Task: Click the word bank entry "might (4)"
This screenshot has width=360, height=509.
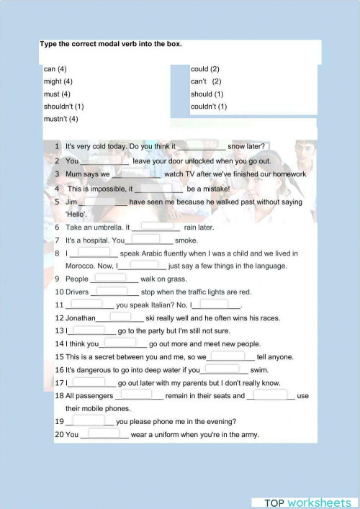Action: click(x=58, y=81)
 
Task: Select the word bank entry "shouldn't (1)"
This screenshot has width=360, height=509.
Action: click(x=63, y=107)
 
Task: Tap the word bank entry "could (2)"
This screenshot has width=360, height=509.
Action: click(x=204, y=69)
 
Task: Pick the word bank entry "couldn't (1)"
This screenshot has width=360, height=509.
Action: click(x=209, y=107)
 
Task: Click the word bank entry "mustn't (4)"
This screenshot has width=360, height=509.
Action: click(x=60, y=119)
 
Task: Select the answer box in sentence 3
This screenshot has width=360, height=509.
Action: click(x=137, y=173)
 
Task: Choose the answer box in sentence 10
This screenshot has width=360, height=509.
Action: click(x=112, y=291)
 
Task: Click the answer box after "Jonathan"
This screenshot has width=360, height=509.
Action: click(x=120, y=316)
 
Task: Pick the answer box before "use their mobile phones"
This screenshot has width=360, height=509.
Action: click(x=271, y=395)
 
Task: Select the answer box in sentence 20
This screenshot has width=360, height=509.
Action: click(x=104, y=433)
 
